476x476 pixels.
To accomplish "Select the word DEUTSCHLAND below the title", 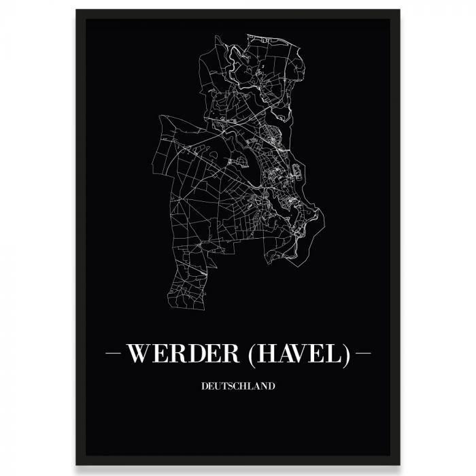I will point(238,386).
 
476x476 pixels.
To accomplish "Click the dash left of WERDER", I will point(114,354).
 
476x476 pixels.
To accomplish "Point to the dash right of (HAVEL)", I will point(363,354).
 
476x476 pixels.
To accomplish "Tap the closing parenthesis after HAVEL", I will point(346,355).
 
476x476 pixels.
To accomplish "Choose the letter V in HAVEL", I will point(309,354).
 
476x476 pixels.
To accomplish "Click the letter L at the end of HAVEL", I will point(336,354).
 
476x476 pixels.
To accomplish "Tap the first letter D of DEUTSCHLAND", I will point(205,386).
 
